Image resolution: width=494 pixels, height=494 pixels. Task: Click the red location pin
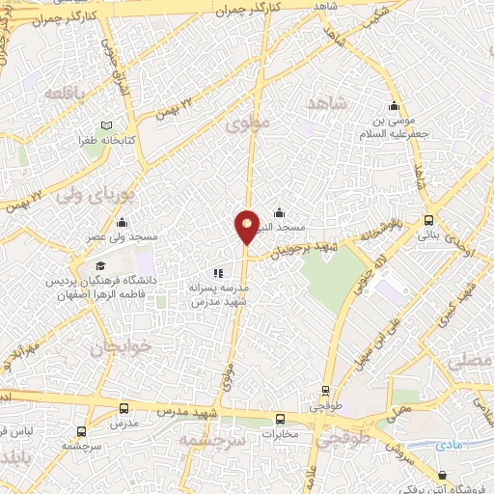pyautogui.click(x=247, y=226)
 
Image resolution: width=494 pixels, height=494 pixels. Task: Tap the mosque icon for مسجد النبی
pyautogui.click(x=280, y=213)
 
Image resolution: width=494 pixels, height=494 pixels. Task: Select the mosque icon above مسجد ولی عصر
pyautogui.click(x=125, y=221)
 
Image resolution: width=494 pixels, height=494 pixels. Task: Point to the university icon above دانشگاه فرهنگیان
pyautogui.click(x=100, y=265)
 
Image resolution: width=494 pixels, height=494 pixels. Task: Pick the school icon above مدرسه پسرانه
pyautogui.click(x=218, y=273)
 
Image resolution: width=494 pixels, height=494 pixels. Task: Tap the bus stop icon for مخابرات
pyautogui.click(x=281, y=419)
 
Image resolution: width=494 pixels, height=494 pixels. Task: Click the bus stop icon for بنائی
pyautogui.click(x=429, y=220)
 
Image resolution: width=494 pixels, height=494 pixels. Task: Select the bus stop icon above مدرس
pyautogui.click(x=122, y=409)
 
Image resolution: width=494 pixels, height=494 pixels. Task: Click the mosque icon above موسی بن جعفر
pyautogui.click(x=393, y=107)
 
